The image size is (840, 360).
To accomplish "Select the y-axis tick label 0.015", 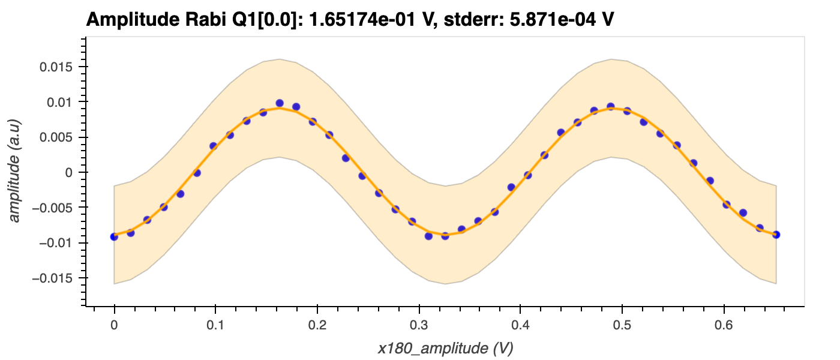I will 56,67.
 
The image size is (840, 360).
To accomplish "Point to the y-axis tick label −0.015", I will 52,278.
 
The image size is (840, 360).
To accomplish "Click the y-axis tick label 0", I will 68,173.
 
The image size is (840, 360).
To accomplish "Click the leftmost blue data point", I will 114,236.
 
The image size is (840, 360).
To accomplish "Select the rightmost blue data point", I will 776,234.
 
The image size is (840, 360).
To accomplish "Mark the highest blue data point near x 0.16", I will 280,103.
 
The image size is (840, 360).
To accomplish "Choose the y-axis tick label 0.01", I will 59,103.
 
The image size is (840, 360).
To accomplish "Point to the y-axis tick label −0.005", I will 52,208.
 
